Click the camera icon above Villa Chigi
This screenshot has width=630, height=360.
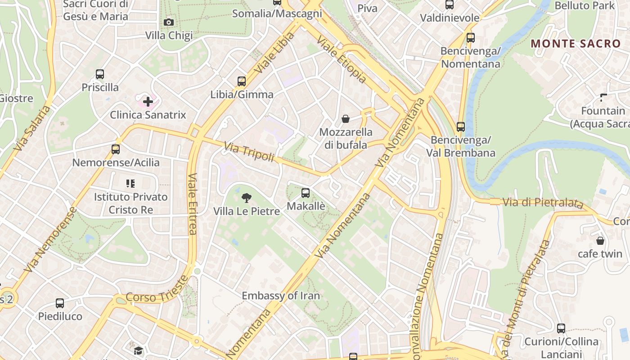tap(169, 22)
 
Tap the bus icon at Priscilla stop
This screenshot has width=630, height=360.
tap(100, 74)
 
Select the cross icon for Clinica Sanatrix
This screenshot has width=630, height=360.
tap(148, 102)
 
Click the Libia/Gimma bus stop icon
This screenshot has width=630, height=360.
tap(242, 81)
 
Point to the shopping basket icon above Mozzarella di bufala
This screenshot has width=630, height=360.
tap(346, 119)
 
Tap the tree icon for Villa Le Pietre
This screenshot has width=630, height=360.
tap(246, 198)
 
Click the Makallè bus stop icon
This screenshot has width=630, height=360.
tap(306, 193)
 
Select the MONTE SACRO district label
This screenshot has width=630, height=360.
tap(576, 44)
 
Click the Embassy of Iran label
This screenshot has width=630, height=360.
tap(281, 296)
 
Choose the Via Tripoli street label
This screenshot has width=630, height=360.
tap(249, 152)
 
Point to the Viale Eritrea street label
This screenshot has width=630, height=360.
tap(192, 204)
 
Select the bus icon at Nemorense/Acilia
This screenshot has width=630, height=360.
tap(116, 149)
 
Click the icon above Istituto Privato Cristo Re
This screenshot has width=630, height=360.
tap(130, 184)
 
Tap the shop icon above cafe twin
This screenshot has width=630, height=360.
tap(600, 241)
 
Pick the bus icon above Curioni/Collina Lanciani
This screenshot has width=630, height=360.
tap(561, 328)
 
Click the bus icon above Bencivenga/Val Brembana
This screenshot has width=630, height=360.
tap(460, 127)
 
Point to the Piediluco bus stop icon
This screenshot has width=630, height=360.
tap(60, 303)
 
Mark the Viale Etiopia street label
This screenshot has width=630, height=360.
tap(341, 59)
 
